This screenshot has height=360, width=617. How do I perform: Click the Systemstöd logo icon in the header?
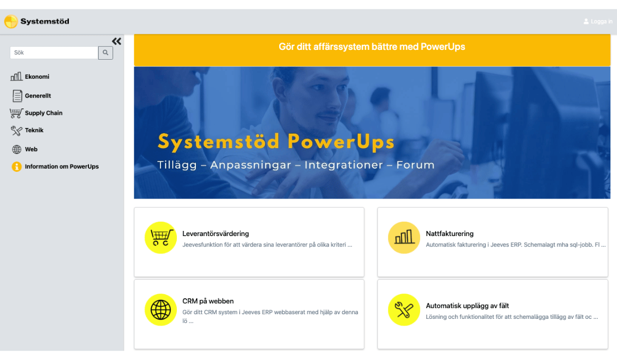coord(11,22)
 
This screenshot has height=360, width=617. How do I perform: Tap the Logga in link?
coord(598,22)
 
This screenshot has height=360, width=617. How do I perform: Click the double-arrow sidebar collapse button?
coord(117,41)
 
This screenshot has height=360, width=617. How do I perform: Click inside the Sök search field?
coord(54,52)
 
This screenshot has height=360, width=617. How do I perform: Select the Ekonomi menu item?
coord(37,77)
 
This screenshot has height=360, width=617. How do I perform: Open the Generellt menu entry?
coord(38,96)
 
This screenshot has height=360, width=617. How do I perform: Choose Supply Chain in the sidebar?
coord(44,113)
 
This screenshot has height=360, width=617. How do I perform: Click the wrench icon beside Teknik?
coord(16,131)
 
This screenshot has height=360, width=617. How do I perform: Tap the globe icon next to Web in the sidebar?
coord(16,149)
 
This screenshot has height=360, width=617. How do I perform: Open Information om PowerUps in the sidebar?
coord(62,166)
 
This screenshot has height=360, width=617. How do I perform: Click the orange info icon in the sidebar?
coord(16,167)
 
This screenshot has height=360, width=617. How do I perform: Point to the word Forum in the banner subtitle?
coord(415,165)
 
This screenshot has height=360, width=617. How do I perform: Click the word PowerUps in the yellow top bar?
coord(443,47)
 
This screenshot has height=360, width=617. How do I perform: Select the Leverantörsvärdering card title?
coord(215,234)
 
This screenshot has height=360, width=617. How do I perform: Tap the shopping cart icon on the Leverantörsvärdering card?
coord(160,238)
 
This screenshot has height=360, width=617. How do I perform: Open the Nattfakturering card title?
coord(449,233)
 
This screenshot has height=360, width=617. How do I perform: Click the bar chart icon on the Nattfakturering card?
coord(404,238)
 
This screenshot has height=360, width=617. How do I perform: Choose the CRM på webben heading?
coord(208,301)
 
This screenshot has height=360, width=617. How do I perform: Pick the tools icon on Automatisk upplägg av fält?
coord(404,310)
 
